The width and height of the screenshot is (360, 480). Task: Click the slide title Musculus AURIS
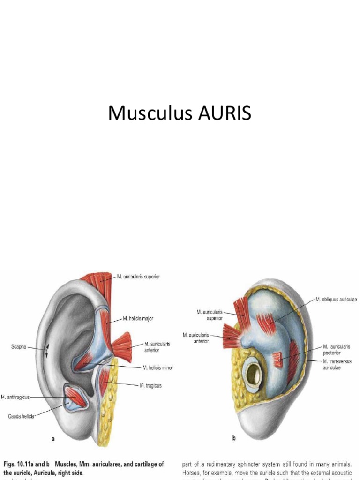[180, 113]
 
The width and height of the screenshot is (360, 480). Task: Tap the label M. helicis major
[138, 318]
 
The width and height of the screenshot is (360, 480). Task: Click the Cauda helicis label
[20, 416]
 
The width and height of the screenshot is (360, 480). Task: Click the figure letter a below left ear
[53, 439]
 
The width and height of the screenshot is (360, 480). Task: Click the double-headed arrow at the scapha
[46, 351]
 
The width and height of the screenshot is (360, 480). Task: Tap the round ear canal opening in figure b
[253, 374]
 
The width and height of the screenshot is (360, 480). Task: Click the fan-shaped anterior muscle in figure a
[123, 347]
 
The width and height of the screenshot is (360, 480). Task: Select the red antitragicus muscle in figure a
[75, 397]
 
